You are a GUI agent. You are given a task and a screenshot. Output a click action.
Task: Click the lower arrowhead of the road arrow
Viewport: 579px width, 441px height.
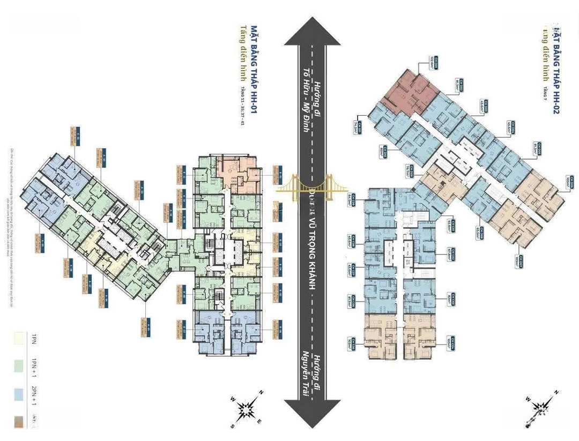(x=312, y=413)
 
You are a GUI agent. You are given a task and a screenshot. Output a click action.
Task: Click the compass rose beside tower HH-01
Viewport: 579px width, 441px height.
(x=247, y=410)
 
